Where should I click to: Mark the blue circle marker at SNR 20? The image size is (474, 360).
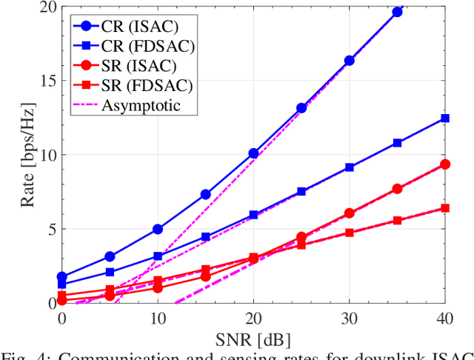coord(253,153)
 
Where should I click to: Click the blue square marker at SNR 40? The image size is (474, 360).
coord(444,119)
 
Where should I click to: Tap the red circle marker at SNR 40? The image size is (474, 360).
coord(444,164)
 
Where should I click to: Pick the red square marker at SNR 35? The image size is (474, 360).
coord(397,221)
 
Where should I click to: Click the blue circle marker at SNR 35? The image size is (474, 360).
coord(397,12)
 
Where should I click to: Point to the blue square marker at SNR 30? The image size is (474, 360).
coord(349,168)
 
